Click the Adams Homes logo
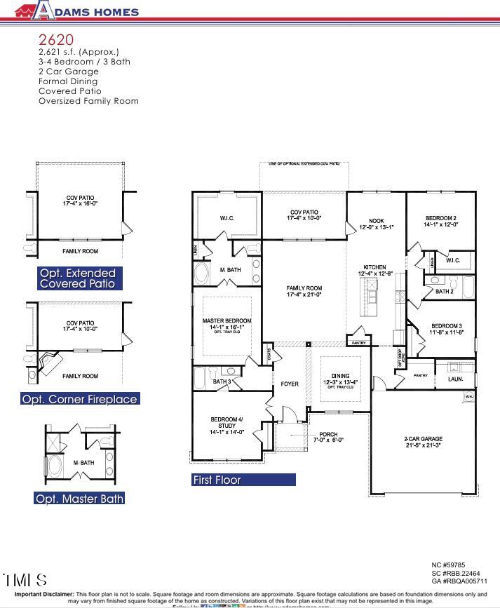(x=77, y=11)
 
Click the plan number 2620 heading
(x=56, y=39)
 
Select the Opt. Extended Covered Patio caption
(x=78, y=278)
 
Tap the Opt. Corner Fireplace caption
(x=80, y=399)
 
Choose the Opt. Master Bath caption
(x=80, y=499)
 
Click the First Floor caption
(x=217, y=480)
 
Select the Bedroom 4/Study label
(x=227, y=424)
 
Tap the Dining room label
(x=340, y=379)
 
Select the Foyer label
(x=290, y=384)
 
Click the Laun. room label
(x=455, y=379)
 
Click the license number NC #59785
(x=447, y=565)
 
